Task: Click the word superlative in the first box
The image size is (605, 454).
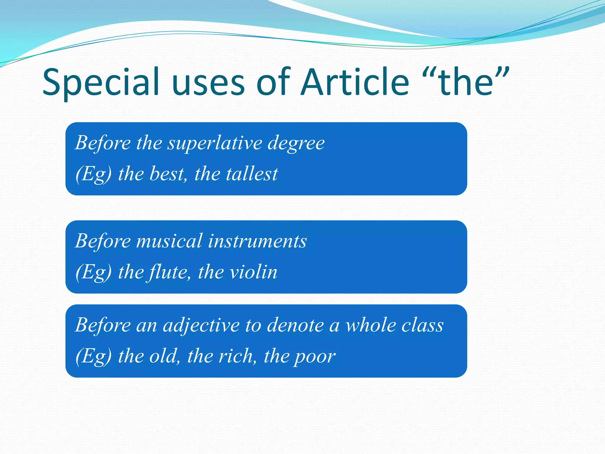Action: point(215,143)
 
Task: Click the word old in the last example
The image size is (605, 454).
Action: point(164,356)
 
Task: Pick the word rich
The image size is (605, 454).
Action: point(237,356)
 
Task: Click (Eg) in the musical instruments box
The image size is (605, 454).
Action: point(94,272)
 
